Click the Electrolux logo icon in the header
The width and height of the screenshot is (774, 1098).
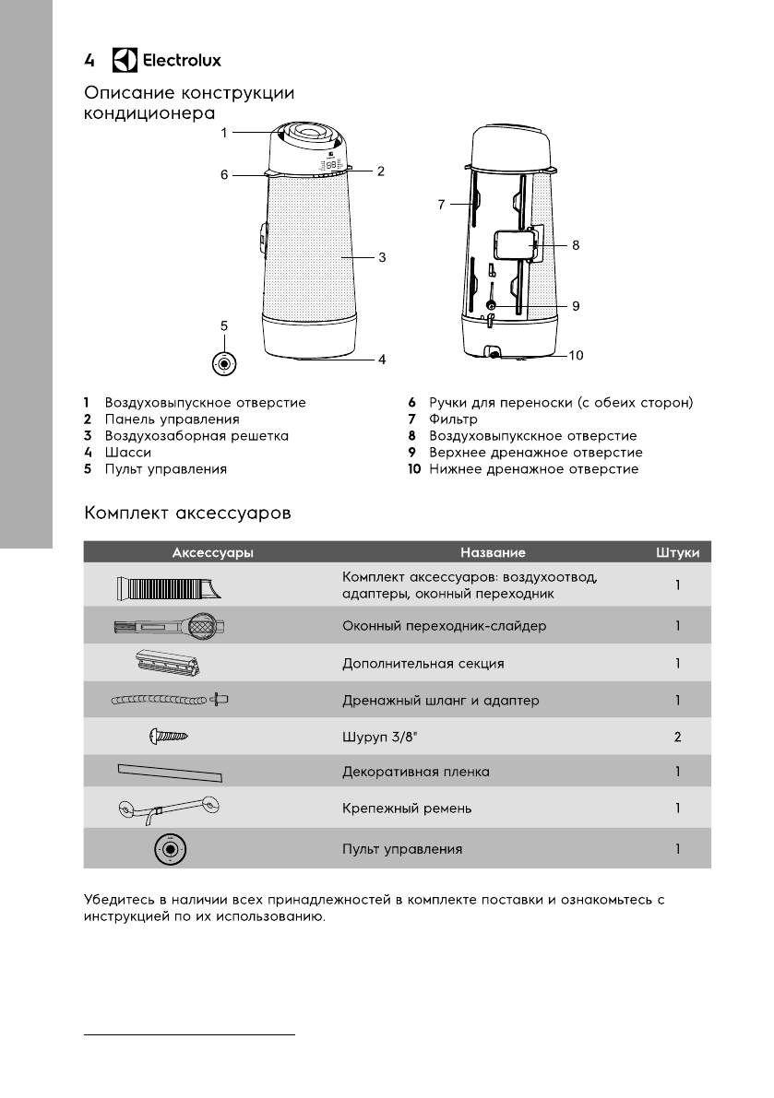[124, 61]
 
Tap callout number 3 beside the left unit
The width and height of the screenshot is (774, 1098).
[381, 258]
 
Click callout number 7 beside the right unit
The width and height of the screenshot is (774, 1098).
[442, 206]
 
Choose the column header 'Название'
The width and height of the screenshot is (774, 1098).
[493, 552]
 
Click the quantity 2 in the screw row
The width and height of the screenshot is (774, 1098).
[677, 737]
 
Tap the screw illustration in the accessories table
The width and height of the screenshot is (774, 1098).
[169, 736]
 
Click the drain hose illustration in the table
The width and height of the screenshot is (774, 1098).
[170, 700]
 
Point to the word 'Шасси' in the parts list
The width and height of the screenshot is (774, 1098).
[128, 453]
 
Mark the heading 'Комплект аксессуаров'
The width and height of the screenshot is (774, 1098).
[188, 513]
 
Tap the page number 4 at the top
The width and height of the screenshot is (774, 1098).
[89, 61]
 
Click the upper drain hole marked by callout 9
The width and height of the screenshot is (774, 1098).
[490, 305]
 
